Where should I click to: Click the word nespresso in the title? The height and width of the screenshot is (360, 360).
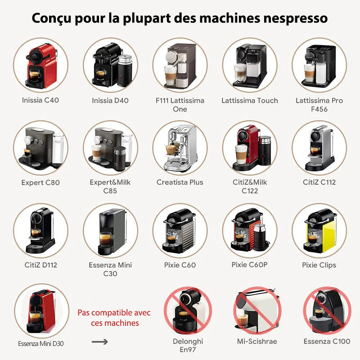point(296,18)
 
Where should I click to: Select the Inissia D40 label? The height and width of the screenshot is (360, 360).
point(110,100)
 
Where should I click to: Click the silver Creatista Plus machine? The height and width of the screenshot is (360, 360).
point(180,148)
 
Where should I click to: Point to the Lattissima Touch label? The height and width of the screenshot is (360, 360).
point(250,100)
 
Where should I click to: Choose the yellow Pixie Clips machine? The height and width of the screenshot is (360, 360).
point(320,231)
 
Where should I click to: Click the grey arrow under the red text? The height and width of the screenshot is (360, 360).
point(99,342)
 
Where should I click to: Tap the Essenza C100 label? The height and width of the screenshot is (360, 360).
point(327,341)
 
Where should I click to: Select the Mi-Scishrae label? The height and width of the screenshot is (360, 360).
point(257,341)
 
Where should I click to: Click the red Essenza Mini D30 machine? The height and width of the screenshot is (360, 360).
point(41,311)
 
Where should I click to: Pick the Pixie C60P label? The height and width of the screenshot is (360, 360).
point(250,265)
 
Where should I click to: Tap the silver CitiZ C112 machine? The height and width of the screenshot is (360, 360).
point(319,148)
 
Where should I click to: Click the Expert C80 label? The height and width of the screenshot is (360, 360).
point(40,183)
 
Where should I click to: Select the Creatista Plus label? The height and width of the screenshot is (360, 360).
point(180,182)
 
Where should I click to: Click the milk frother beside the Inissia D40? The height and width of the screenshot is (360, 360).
point(125,71)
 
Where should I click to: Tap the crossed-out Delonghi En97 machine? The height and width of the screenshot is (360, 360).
point(187,311)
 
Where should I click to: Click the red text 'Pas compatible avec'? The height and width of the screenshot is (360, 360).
point(114,313)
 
